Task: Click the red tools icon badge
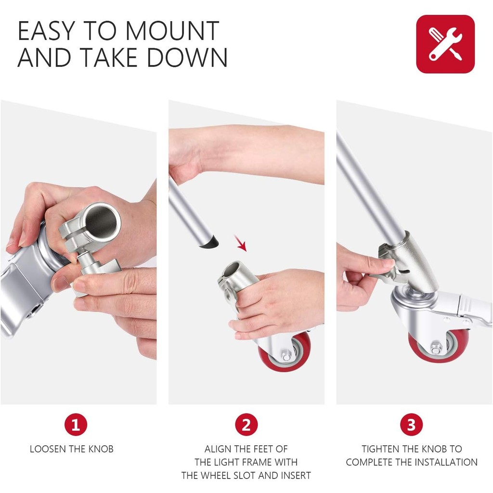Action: (445, 44)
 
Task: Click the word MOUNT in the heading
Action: (172, 31)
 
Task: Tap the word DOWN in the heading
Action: (187, 58)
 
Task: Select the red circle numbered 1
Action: (76, 425)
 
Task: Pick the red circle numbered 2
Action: (246, 425)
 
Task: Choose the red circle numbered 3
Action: (411, 425)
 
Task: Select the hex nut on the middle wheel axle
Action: (286, 357)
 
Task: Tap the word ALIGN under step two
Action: (216, 449)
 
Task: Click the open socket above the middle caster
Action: (234, 268)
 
